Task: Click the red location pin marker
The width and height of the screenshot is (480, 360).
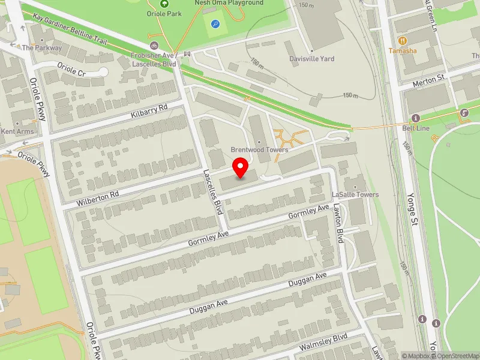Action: coord(241,168)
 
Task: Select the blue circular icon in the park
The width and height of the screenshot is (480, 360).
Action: coord(215,24)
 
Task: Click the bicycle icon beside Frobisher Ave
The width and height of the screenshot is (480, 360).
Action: coord(154,46)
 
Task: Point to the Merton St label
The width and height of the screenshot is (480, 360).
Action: coord(428,78)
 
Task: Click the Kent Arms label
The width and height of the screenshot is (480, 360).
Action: coord(16,131)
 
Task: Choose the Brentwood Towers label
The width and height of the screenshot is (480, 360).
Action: coord(260,149)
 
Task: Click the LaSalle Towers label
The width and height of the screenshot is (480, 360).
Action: coord(355,195)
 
